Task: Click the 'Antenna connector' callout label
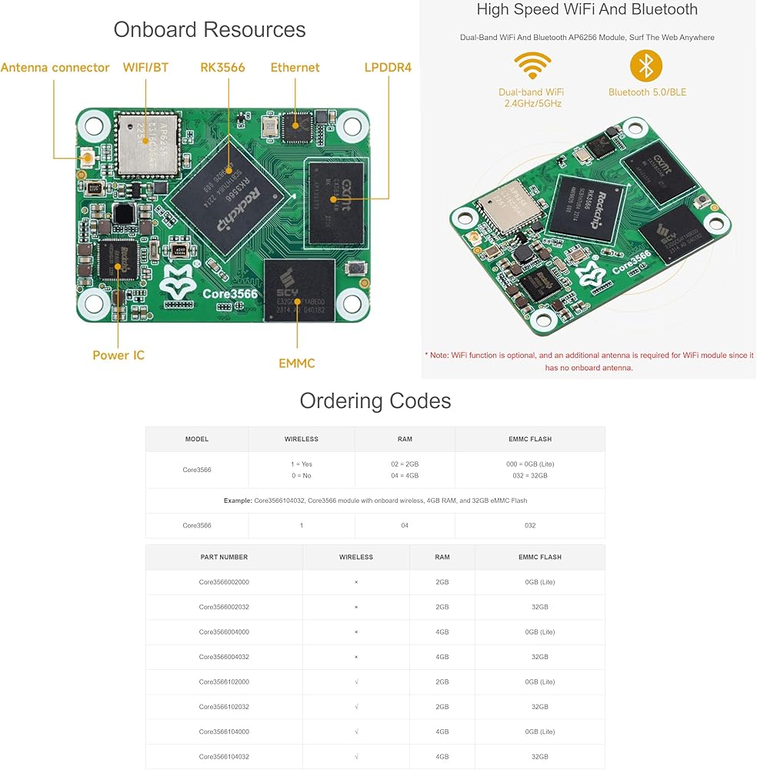pos(55,68)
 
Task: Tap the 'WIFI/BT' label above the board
pos(145,68)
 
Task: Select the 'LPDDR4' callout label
pos(388,68)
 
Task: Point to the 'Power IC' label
pos(118,355)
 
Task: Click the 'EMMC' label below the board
pos(297,363)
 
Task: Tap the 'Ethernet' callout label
pos(295,68)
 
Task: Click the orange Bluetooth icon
pos(646,66)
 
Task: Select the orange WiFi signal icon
pos(532,67)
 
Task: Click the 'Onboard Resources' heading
pos(209,30)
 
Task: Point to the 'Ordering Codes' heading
pos(375,401)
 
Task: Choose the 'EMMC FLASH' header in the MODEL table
pos(529,439)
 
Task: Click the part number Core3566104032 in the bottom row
pos(224,756)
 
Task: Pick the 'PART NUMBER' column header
pos(224,557)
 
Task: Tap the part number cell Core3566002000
pos(224,582)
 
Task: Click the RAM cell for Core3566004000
pos(442,632)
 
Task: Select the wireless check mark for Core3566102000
pos(356,682)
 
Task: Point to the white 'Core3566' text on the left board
pos(230,293)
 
